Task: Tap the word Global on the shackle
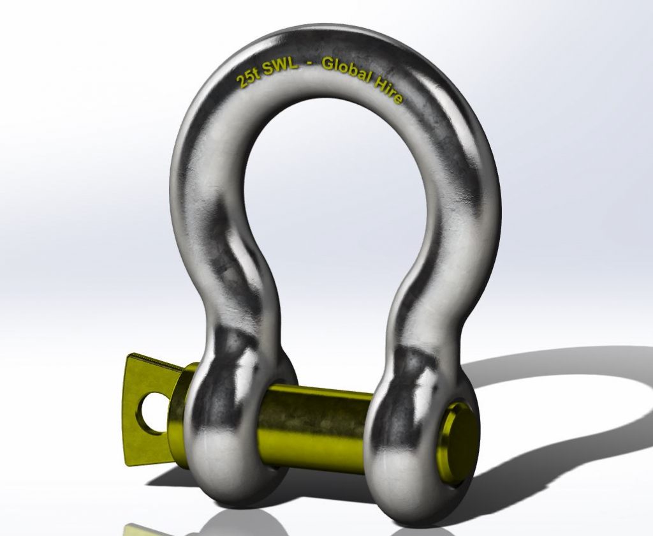pos(348,70)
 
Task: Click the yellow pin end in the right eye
pos(459,440)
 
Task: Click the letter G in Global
pos(328,64)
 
